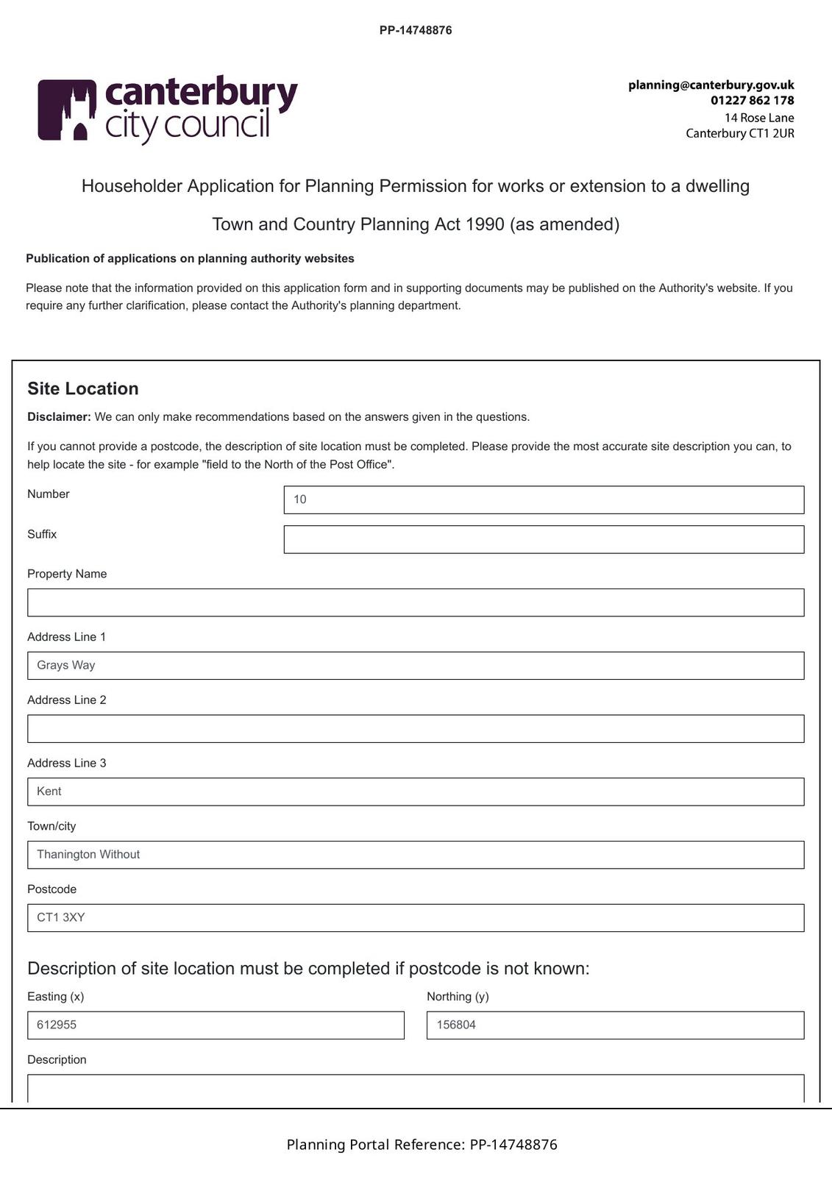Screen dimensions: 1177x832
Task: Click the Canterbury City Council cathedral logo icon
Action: (x=67, y=110)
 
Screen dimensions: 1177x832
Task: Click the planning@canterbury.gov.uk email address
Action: (x=711, y=85)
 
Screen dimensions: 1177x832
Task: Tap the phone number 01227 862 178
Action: (x=752, y=101)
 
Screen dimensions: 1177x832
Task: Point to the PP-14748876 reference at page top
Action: (x=416, y=30)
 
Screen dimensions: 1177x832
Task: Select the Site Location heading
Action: (x=83, y=388)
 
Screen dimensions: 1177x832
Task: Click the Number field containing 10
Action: (x=544, y=499)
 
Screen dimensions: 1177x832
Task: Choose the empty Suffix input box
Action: (x=544, y=539)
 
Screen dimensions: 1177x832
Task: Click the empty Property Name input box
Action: (x=416, y=602)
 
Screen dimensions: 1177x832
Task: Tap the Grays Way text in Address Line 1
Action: (x=66, y=665)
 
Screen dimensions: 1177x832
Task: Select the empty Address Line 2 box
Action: (x=416, y=728)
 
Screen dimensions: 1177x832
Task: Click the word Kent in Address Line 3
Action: (x=49, y=792)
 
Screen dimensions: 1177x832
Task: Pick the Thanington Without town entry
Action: (x=88, y=855)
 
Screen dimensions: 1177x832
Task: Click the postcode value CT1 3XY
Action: (x=61, y=917)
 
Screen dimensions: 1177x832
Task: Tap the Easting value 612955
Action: (x=57, y=1025)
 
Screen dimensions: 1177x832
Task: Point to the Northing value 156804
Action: (x=456, y=1025)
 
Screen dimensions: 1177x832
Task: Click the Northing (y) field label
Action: (x=458, y=997)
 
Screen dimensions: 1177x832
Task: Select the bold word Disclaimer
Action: (x=59, y=417)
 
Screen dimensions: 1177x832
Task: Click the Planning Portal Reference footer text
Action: (x=422, y=1145)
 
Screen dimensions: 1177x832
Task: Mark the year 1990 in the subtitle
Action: (x=485, y=224)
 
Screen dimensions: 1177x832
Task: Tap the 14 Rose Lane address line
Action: (x=758, y=118)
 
